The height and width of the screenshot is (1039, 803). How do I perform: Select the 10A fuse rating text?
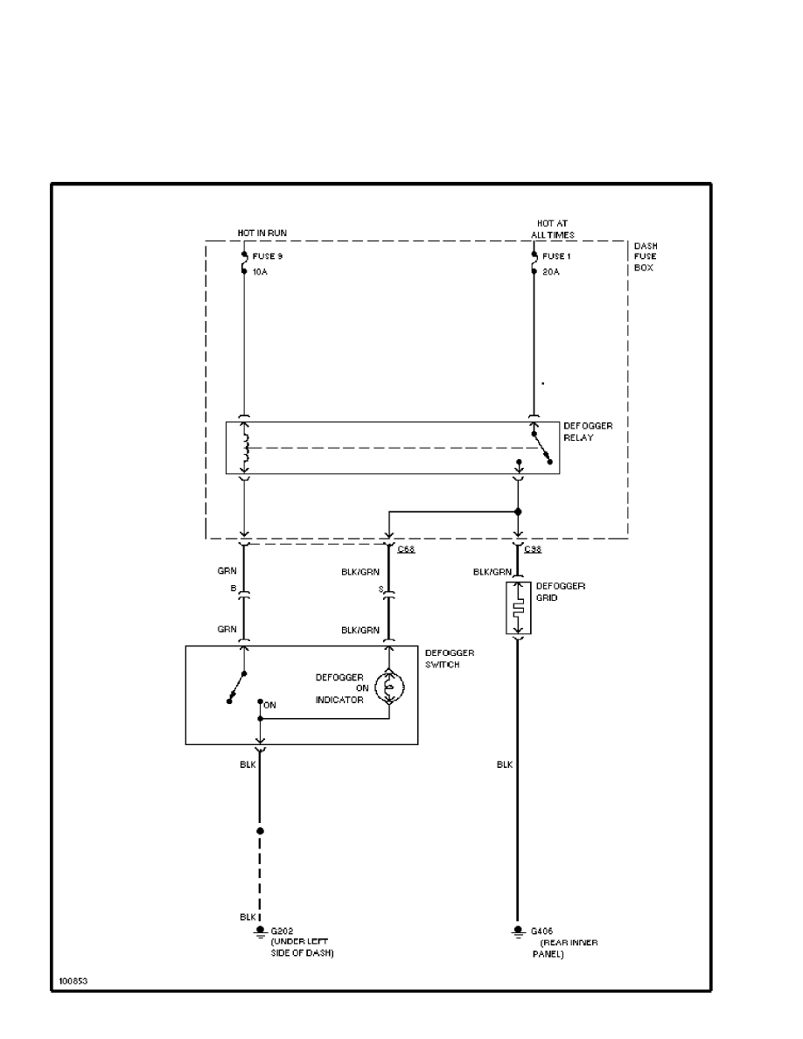pos(260,272)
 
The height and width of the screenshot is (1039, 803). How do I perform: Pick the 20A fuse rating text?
pos(551,272)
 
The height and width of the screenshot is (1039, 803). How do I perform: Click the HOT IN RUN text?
pos(262,233)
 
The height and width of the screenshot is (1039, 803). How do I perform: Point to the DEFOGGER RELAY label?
pos(587,432)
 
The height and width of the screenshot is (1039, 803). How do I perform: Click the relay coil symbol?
pos(246,448)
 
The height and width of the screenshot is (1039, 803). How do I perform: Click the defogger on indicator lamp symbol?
pos(389,687)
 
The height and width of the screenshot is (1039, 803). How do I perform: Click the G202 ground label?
pos(282,931)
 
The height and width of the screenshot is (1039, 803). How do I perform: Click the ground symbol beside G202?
pos(259,932)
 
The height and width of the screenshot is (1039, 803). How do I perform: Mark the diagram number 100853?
pos(73,980)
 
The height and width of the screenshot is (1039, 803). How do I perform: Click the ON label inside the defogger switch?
pos(270,704)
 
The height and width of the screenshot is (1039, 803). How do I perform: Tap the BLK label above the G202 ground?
pos(248,917)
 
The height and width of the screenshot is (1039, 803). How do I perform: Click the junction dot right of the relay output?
pos(518,512)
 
